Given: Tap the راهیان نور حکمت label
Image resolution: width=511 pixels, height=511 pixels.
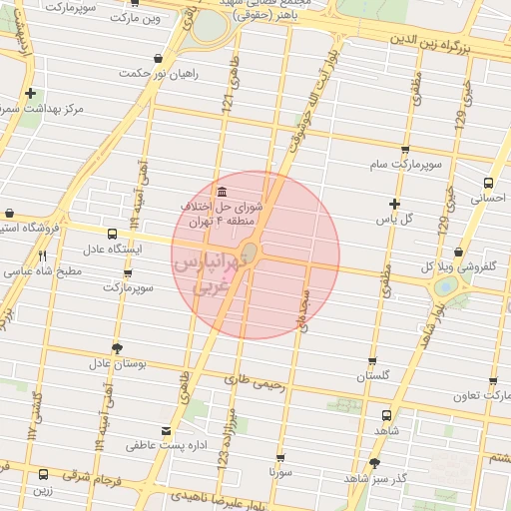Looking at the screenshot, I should (x=159, y=73).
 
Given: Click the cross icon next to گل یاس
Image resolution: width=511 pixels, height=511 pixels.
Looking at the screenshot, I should (x=394, y=204).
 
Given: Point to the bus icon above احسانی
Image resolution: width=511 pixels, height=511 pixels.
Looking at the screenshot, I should (x=488, y=184).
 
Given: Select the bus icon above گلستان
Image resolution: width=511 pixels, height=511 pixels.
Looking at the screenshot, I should (x=372, y=362).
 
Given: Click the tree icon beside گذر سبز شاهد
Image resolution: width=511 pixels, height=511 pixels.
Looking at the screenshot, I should (x=374, y=463).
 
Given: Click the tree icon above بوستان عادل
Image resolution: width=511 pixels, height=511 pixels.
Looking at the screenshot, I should (x=118, y=348).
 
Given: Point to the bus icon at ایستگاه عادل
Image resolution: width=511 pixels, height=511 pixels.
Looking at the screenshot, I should (x=110, y=234).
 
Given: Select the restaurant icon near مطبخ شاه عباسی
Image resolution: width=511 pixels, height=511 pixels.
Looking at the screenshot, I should (x=42, y=255).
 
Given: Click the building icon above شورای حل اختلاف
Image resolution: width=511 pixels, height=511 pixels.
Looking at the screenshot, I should (x=221, y=192).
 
